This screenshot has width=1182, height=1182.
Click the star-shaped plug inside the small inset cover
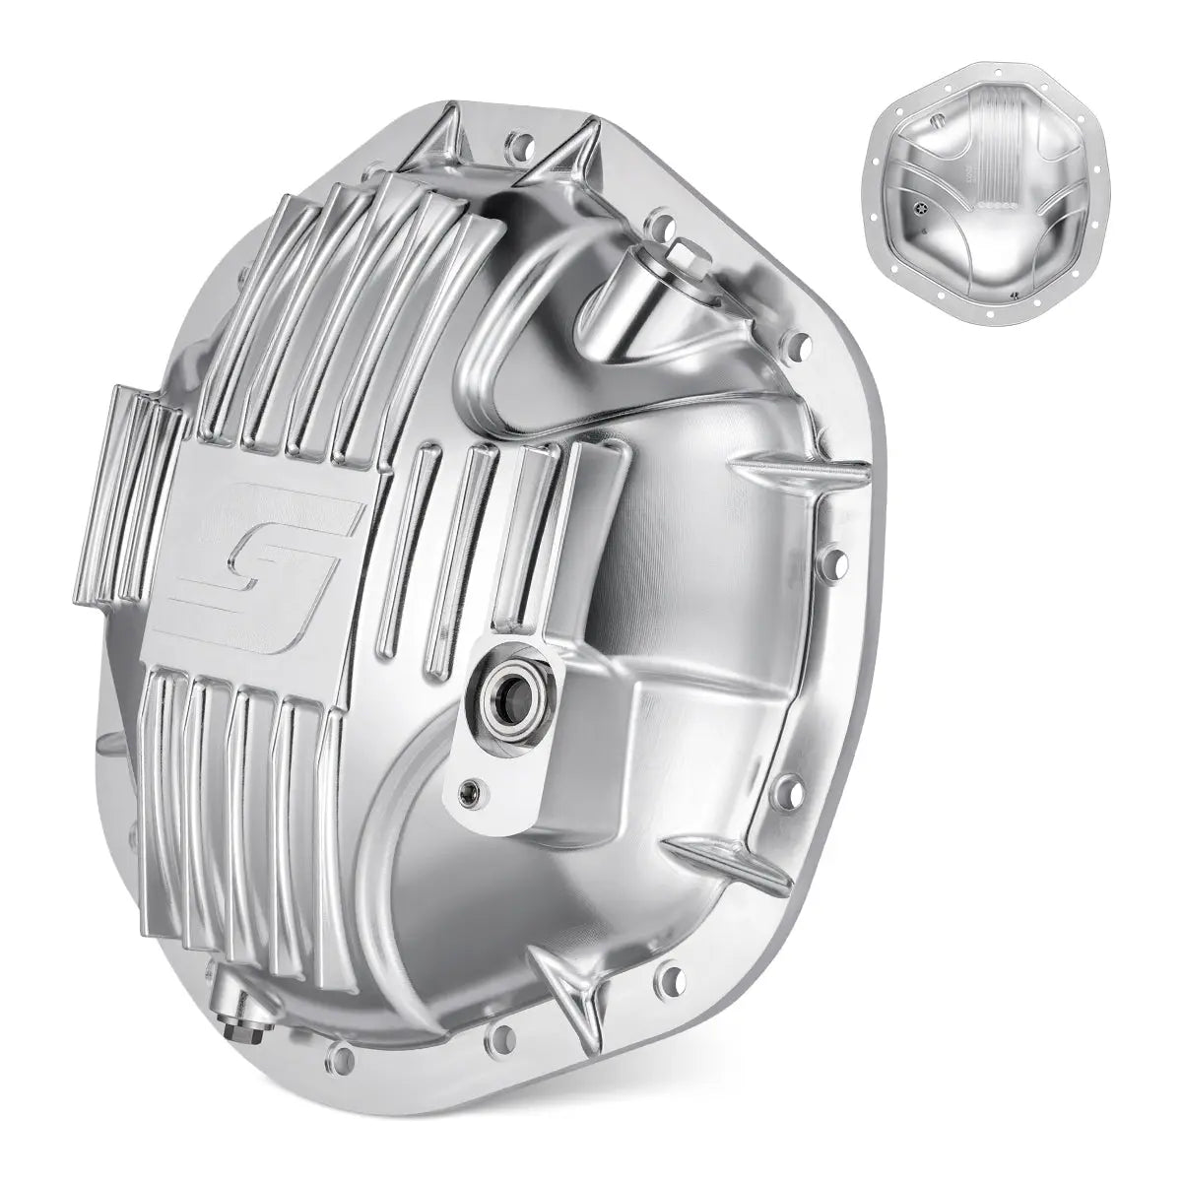[921, 211]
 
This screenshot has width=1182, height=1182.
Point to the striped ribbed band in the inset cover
[995, 148]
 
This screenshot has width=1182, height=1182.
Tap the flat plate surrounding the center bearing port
[492, 758]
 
